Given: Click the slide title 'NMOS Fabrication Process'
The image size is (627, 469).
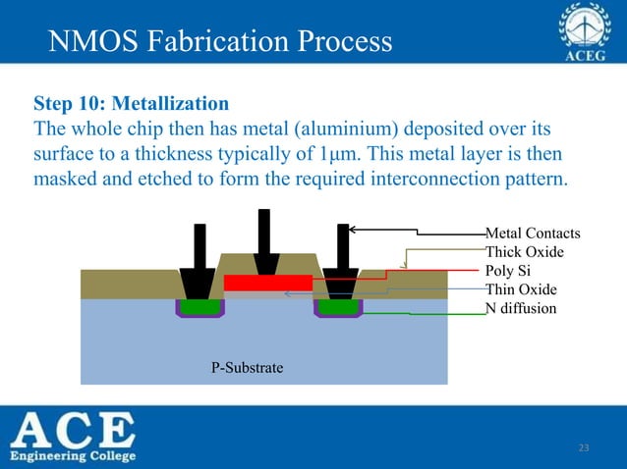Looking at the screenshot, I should [x=220, y=41].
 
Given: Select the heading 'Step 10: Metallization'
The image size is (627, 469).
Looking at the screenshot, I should [x=132, y=103].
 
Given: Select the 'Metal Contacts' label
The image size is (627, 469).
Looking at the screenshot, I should [x=533, y=234].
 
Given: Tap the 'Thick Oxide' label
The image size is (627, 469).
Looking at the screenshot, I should [x=525, y=252].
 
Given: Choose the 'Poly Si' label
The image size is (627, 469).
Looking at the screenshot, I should [x=508, y=271].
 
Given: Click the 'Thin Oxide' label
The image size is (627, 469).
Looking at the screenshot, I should [x=521, y=289].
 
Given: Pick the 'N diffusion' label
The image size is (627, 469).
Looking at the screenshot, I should [x=521, y=308].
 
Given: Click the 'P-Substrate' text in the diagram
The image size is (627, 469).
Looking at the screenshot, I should [x=248, y=368].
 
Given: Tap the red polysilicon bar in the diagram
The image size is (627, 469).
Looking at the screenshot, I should [x=267, y=283].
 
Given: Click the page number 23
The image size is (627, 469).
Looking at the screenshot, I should [x=583, y=448].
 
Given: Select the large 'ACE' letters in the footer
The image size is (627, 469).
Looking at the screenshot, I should [x=74, y=430].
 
